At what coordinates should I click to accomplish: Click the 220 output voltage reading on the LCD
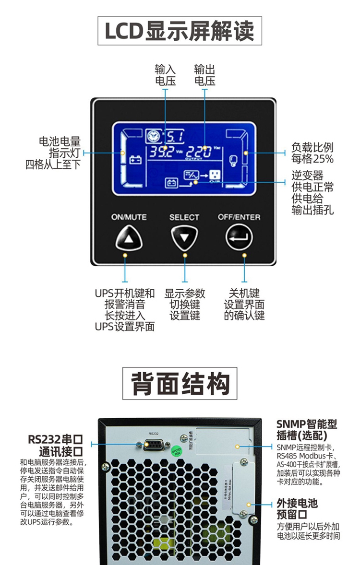coord(199,153)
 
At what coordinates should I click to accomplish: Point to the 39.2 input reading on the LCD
coord(160,153)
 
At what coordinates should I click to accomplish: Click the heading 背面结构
coord(180,383)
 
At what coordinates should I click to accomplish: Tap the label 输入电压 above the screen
coord(165,75)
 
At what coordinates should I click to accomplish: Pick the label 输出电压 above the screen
coord(204,75)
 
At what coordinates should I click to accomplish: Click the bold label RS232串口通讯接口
coord(55,445)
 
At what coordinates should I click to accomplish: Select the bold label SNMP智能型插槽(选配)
coord(307,430)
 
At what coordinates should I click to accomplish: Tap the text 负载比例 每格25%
coord(312,153)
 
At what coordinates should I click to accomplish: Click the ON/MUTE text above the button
coord(129,217)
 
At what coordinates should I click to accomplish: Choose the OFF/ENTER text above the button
coord(239,217)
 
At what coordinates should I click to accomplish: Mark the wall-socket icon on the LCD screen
coord(214,175)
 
